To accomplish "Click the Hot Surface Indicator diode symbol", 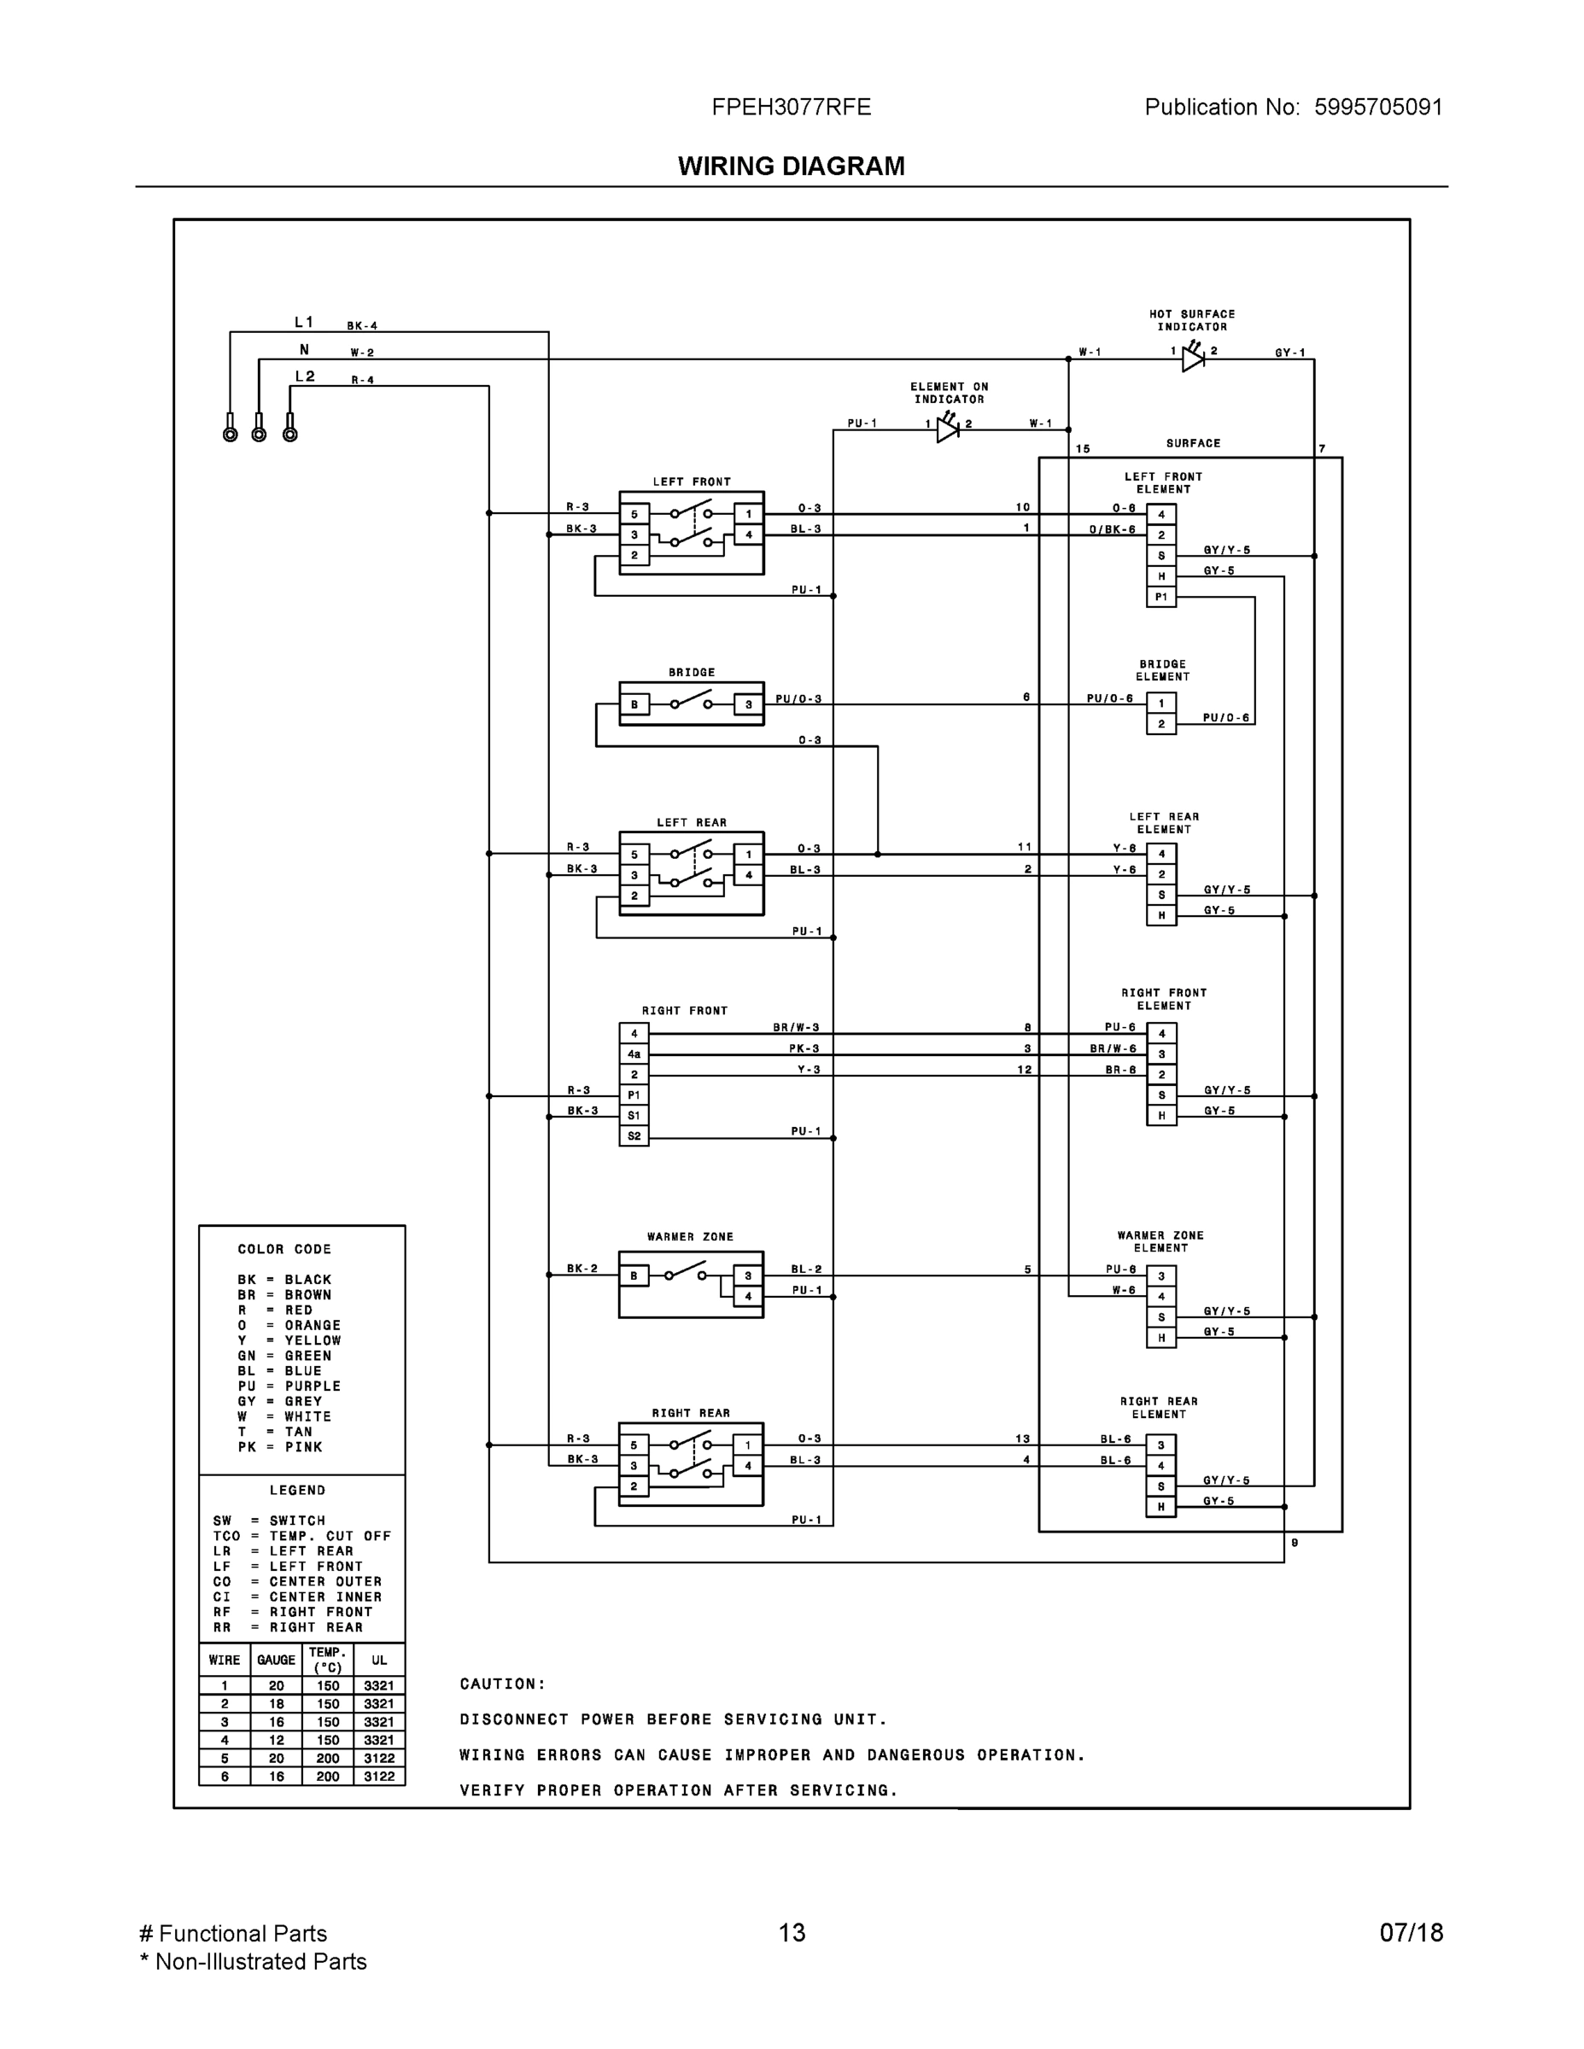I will coord(1193,358).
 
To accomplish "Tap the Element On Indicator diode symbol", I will coord(948,429).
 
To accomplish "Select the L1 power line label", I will coord(304,323).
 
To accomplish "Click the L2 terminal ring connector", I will coord(290,434).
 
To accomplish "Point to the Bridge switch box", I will coord(692,703).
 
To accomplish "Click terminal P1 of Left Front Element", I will coord(1160,597).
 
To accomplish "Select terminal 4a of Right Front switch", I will coord(634,1054).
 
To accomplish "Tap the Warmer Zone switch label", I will coord(690,1236).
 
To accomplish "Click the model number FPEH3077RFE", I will coord(791,107).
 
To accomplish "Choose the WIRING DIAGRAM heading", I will coord(791,166).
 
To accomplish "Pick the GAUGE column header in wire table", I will coord(276,1660).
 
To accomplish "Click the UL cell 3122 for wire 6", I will coord(379,1776).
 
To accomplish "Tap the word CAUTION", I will coord(502,1684).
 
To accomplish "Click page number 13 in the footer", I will coord(791,1933).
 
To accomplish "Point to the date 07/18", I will coord(1411,1933).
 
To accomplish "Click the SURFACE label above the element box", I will coord(1193,444).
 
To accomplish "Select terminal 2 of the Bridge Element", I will coord(1160,723).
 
